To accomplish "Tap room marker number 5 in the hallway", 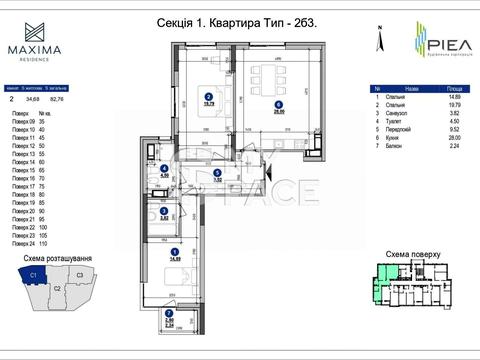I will click(217, 172).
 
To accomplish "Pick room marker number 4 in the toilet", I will click(164, 168).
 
